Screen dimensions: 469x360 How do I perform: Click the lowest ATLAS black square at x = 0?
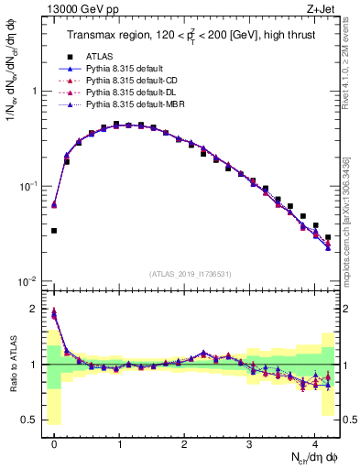(x=54, y=231)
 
